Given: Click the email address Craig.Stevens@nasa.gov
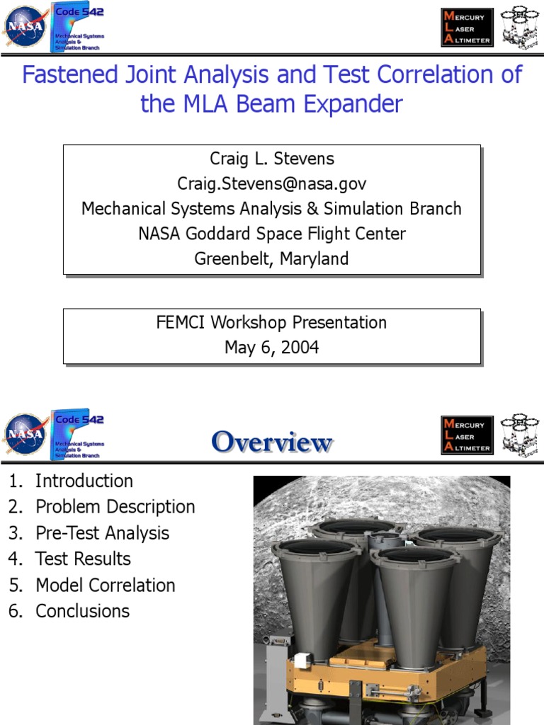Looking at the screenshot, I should [271, 184].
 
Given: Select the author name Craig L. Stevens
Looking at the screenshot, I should [271, 159].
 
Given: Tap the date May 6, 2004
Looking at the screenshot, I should [271, 348].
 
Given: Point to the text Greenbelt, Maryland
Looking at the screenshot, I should [271, 258].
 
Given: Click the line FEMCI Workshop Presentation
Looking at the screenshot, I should [271, 323].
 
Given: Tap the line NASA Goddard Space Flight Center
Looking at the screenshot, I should [271, 234].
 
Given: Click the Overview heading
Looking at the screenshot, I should [271, 443].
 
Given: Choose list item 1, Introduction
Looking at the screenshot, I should [84, 481].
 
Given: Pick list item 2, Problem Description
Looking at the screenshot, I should [115, 507].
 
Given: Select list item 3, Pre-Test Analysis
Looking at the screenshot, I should [102, 533].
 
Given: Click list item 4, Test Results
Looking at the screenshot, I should [83, 559].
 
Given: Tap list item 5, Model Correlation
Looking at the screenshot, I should [105, 586].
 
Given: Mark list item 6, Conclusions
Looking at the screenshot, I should [82, 612].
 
